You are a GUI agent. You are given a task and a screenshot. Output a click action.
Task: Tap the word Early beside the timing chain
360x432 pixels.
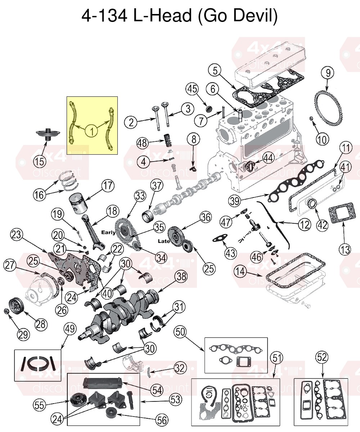[x=109, y=232]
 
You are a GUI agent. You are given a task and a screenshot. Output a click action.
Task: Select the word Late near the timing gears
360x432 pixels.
[x=164, y=241]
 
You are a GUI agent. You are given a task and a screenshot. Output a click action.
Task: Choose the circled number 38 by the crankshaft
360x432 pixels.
[x=181, y=277]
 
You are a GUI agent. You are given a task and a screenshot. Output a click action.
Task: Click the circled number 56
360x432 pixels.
[x=161, y=419]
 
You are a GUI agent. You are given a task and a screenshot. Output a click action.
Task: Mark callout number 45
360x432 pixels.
[x=192, y=89]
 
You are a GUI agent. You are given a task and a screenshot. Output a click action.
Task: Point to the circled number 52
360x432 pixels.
[x=322, y=358]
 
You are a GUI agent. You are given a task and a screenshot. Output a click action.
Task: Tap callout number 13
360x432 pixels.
[x=345, y=249]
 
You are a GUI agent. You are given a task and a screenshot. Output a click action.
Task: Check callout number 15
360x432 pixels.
[x=40, y=162]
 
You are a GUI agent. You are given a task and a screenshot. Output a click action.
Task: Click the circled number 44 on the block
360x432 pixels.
[x=268, y=157]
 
